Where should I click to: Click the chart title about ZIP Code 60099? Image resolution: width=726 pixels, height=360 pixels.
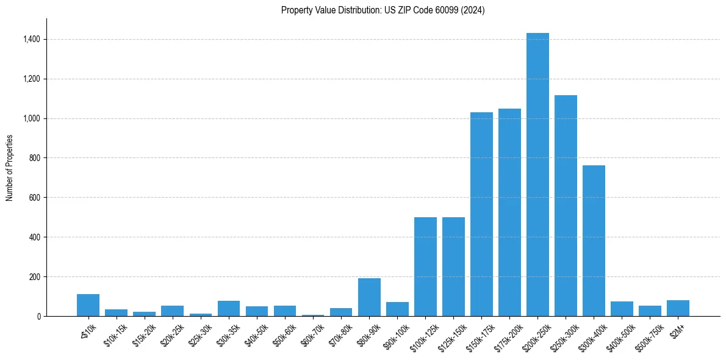(383, 10)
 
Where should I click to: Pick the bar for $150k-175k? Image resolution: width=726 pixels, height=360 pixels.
(481, 214)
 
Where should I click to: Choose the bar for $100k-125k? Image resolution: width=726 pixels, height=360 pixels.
(425, 267)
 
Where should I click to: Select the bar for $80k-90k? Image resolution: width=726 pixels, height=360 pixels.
(369, 297)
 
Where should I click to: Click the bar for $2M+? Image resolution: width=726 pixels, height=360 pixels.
(678, 308)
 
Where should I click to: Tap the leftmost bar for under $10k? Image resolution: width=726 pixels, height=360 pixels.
(88, 305)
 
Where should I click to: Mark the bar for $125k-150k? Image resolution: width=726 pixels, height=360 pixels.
(453, 267)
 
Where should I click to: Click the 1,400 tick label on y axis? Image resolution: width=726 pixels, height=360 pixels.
(32, 39)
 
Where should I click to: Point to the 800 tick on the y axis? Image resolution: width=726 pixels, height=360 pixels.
(35, 158)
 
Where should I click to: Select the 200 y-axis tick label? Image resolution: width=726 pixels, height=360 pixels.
(35, 277)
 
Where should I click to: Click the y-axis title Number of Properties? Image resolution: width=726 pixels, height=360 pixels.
(10, 168)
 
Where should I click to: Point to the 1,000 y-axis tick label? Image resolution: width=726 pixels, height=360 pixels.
(32, 118)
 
